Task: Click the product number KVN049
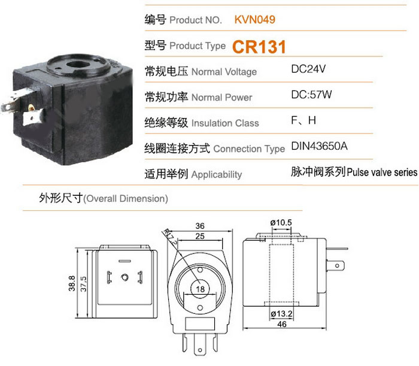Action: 254,20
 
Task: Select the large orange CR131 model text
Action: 259,47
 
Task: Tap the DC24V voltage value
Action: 308,69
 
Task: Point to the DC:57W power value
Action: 311,95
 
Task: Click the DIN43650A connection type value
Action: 319,146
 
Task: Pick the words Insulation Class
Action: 225,123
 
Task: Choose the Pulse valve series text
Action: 382,172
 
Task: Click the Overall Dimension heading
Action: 126,199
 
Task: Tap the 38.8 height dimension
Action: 72,283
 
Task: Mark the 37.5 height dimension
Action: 83,284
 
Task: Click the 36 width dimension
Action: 200,226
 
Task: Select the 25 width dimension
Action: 200,236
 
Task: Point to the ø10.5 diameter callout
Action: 281,222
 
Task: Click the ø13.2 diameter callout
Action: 282,313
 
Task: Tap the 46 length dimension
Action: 282,324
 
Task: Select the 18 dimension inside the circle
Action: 200,289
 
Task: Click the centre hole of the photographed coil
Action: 78,65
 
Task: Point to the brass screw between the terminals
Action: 31,108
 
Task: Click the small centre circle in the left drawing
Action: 125,277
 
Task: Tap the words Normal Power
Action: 222,97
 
